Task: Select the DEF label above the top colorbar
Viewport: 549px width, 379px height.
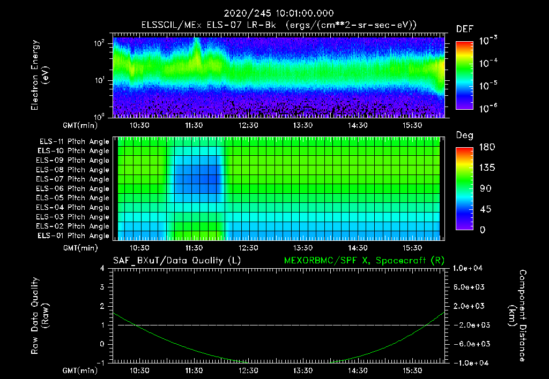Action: (x=464, y=29)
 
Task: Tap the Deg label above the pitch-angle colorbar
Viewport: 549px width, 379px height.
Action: (x=464, y=135)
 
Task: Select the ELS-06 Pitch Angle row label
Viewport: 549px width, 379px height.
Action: (x=72, y=189)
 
